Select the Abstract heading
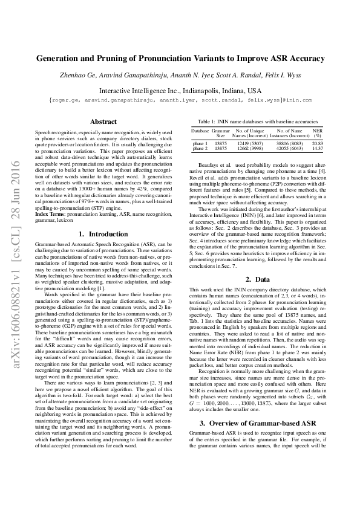coord(99,122)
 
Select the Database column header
coord(200,130)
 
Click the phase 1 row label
coord(200,143)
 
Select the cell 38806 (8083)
coord(289,143)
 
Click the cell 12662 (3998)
coord(249,148)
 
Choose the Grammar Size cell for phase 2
coord(221,148)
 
